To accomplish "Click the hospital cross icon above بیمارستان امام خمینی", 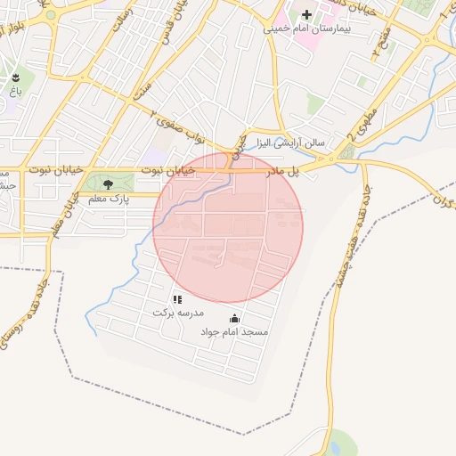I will tap(307, 15).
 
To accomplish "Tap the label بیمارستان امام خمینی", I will tap(307, 29).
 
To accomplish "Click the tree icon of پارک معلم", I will tap(109, 184).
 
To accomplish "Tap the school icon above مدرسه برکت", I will tap(178, 299).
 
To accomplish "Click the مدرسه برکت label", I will tap(178, 313).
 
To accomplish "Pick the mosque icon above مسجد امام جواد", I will tap(234, 318).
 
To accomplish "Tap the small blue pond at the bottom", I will tap(340, 442).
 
